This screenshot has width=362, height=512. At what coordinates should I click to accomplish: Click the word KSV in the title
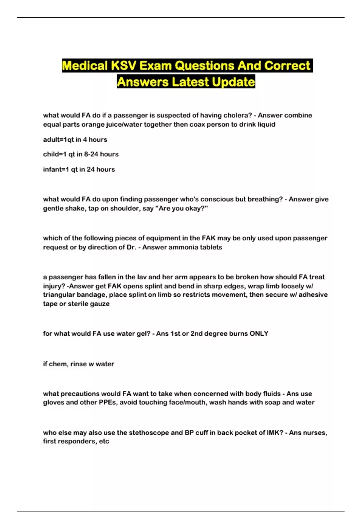pos(124,66)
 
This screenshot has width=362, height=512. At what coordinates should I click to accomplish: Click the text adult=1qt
pos(58,139)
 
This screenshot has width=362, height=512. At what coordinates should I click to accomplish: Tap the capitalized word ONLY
pos(259,333)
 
